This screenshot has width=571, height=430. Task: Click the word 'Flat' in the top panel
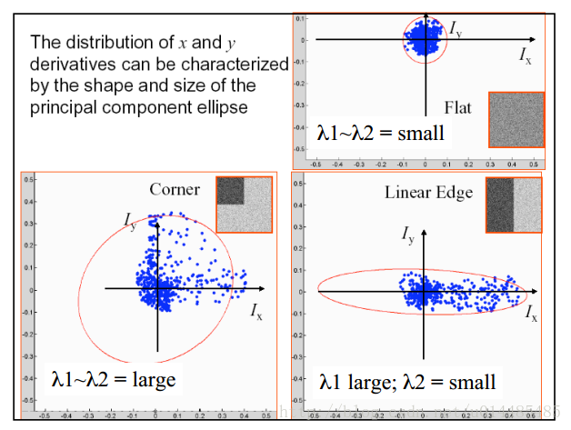tap(458, 105)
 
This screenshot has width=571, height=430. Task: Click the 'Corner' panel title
tap(175, 189)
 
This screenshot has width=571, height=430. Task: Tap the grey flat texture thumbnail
tap(516, 119)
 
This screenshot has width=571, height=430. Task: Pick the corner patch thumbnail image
tap(244, 205)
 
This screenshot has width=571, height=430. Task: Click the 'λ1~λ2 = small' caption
tap(380, 134)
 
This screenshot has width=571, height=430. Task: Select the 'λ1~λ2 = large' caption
tap(114, 377)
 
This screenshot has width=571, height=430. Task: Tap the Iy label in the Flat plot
tap(456, 29)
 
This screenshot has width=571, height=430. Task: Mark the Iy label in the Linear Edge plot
tap(408, 235)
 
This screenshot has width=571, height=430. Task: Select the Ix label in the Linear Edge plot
tap(531, 314)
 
